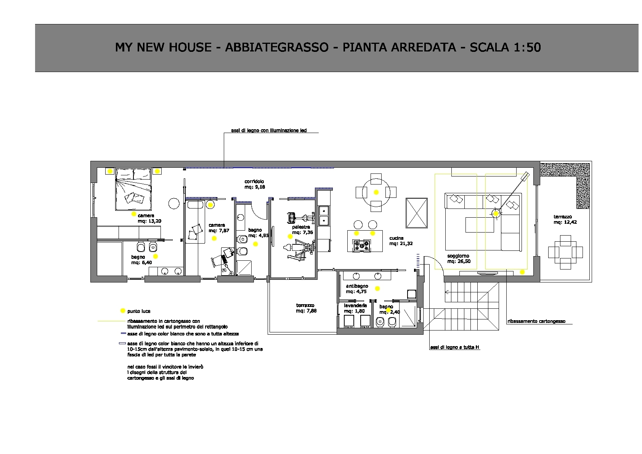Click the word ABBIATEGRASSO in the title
(x=276, y=47)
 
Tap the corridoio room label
(x=254, y=181)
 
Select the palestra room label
(x=301, y=227)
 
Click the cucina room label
(x=396, y=238)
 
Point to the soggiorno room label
(x=458, y=256)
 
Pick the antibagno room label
(x=357, y=286)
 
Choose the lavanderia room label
(x=355, y=306)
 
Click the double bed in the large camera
(x=133, y=189)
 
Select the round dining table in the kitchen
(x=376, y=193)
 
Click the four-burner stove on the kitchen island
(x=362, y=245)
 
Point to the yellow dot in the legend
(x=123, y=311)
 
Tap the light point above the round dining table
(x=376, y=193)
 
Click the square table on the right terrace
(x=565, y=252)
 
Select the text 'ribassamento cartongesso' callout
(x=536, y=321)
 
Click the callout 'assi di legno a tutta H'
(x=454, y=347)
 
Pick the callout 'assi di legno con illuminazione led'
(x=269, y=130)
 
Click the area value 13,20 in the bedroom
(x=154, y=221)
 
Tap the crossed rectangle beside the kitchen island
(x=417, y=213)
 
